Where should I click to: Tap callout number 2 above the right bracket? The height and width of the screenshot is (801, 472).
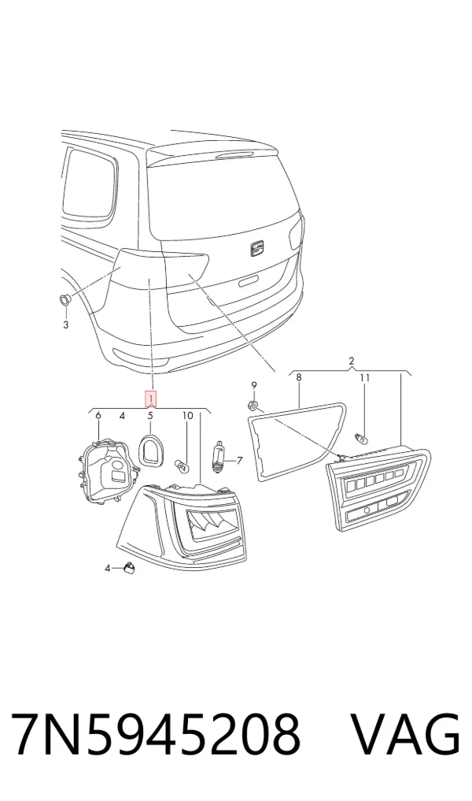pos(352,362)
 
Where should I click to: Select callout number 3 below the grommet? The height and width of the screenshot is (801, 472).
pos(65,324)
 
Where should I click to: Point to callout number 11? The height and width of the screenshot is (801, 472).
pos(364,377)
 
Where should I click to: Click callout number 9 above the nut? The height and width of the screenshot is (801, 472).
pos(253,385)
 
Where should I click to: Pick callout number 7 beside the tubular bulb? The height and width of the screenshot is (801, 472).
pos(239,461)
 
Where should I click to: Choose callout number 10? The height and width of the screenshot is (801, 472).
pos(188,416)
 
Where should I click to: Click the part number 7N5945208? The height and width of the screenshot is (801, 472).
pos(156,734)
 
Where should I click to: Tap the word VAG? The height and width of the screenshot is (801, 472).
pos(407,734)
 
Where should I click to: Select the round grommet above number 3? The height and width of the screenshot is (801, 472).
pos(65,299)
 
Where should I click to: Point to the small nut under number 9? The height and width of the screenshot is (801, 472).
pos(252,406)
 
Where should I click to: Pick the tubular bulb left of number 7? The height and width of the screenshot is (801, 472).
pos(219,456)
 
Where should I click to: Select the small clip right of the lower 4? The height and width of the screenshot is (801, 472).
pos(128,568)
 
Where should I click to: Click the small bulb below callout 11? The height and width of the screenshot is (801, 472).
pos(362,437)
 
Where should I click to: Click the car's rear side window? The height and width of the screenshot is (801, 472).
pos(88,182)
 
